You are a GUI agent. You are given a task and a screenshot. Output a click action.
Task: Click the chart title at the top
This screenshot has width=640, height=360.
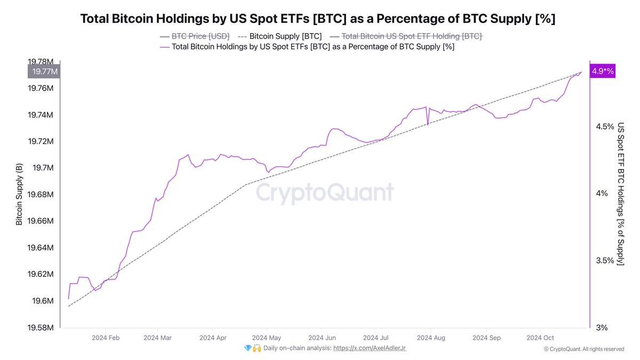[x=318, y=19]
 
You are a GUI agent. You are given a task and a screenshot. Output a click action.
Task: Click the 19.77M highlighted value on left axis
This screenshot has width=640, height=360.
[x=45, y=71]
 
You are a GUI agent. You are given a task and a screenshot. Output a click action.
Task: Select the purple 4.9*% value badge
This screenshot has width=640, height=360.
[x=603, y=71]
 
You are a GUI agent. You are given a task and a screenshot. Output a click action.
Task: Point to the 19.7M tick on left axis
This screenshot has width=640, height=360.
[x=43, y=168]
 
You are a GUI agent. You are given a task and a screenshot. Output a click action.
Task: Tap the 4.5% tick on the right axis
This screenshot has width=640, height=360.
[x=605, y=126]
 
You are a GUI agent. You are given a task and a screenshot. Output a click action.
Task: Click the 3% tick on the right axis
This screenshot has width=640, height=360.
[x=602, y=327]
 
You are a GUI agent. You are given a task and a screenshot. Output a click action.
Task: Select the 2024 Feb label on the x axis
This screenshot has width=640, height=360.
[x=106, y=338]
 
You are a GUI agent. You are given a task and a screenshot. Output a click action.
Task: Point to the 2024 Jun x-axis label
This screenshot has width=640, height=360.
[x=323, y=338]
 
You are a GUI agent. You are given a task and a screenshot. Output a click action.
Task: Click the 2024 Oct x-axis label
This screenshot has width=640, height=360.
[x=541, y=338]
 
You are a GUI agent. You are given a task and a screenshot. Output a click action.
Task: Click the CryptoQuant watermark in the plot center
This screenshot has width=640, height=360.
[x=325, y=193]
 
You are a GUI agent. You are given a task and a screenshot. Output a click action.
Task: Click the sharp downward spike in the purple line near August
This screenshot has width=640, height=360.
[x=428, y=124]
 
